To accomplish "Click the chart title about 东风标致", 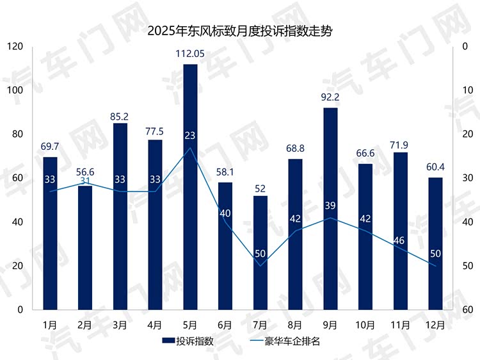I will (240, 30).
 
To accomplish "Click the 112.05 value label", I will (190, 54).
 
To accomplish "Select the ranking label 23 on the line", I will (190, 135).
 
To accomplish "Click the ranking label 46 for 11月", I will (400, 240).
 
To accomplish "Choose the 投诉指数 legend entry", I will (188, 341).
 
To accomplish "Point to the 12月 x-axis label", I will (435, 325).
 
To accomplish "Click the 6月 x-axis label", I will (225, 325).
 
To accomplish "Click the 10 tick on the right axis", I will (467, 90).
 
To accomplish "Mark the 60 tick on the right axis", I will (467, 310).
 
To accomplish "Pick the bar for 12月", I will (435, 243).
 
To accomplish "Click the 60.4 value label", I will (435, 167).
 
